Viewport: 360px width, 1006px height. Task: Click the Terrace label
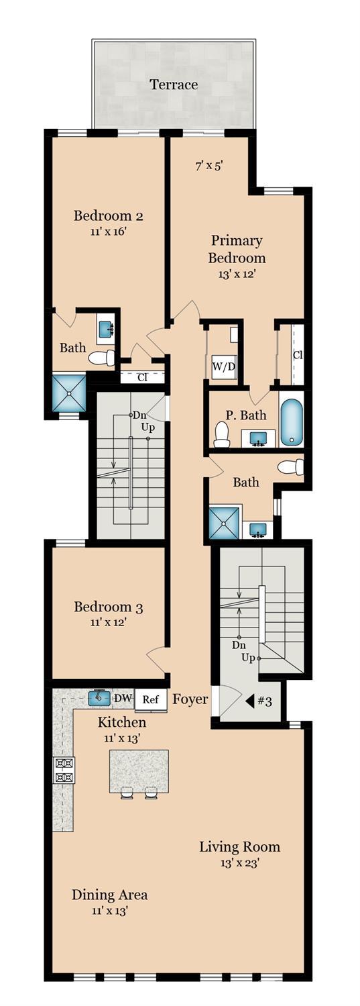coord(174,85)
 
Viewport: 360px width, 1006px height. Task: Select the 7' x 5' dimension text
coord(208,165)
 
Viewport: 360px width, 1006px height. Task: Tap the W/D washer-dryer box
coord(223,366)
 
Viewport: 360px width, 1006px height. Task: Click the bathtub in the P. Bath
coord(292,423)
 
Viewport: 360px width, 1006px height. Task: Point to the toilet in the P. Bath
coord(221,435)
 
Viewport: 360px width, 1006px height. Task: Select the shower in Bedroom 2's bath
coord(69,393)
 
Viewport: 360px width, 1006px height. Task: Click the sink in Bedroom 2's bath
coord(106,330)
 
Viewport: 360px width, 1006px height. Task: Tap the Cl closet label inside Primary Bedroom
coord(297,354)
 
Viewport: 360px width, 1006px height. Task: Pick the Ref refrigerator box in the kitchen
coord(151,699)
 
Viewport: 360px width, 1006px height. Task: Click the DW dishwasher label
coord(123,699)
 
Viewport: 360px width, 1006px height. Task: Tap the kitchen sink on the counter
coord(99,698)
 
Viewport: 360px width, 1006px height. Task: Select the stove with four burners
coord(64,770)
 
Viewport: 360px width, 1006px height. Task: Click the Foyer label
coord(190,699)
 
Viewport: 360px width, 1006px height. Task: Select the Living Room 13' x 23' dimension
coord(239,862)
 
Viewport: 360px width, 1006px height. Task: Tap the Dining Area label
coord(110,895)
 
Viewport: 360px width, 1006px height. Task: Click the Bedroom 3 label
coord(108,607)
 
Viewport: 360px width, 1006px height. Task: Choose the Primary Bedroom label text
coord(237,249)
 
